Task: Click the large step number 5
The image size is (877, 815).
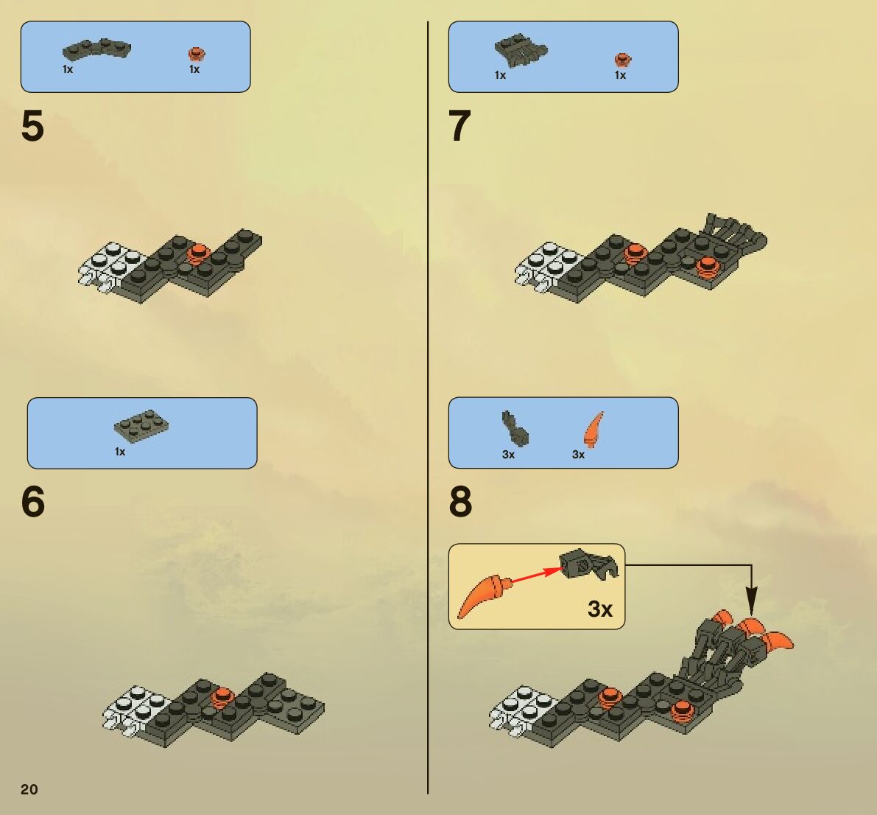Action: tap(32, 126)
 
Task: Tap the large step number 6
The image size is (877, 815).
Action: tap(33, 502)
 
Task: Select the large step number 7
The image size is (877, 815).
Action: tap(459, 126)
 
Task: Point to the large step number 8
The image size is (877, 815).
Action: tap(460, 502)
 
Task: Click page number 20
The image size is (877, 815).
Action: tap(29, 789)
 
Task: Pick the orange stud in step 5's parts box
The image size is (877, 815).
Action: tap(197, 55)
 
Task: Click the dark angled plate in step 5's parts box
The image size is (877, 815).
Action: tap(96, 50)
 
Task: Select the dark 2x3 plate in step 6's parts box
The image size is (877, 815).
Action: tap(141, 424)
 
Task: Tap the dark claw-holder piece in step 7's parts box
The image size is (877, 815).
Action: tap(521, 50)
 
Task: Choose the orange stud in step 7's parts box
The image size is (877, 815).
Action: tap(622, 60)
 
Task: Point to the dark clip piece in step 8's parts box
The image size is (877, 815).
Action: tap(515, 429)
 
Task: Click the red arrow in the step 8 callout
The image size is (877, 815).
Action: tap(538, 576)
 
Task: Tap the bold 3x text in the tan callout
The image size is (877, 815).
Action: tap(600, 609)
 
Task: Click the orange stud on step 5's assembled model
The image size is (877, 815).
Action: tap(197, 254)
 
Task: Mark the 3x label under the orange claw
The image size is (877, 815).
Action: tap(578, 455)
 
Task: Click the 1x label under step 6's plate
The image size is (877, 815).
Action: tap(120, 452)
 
